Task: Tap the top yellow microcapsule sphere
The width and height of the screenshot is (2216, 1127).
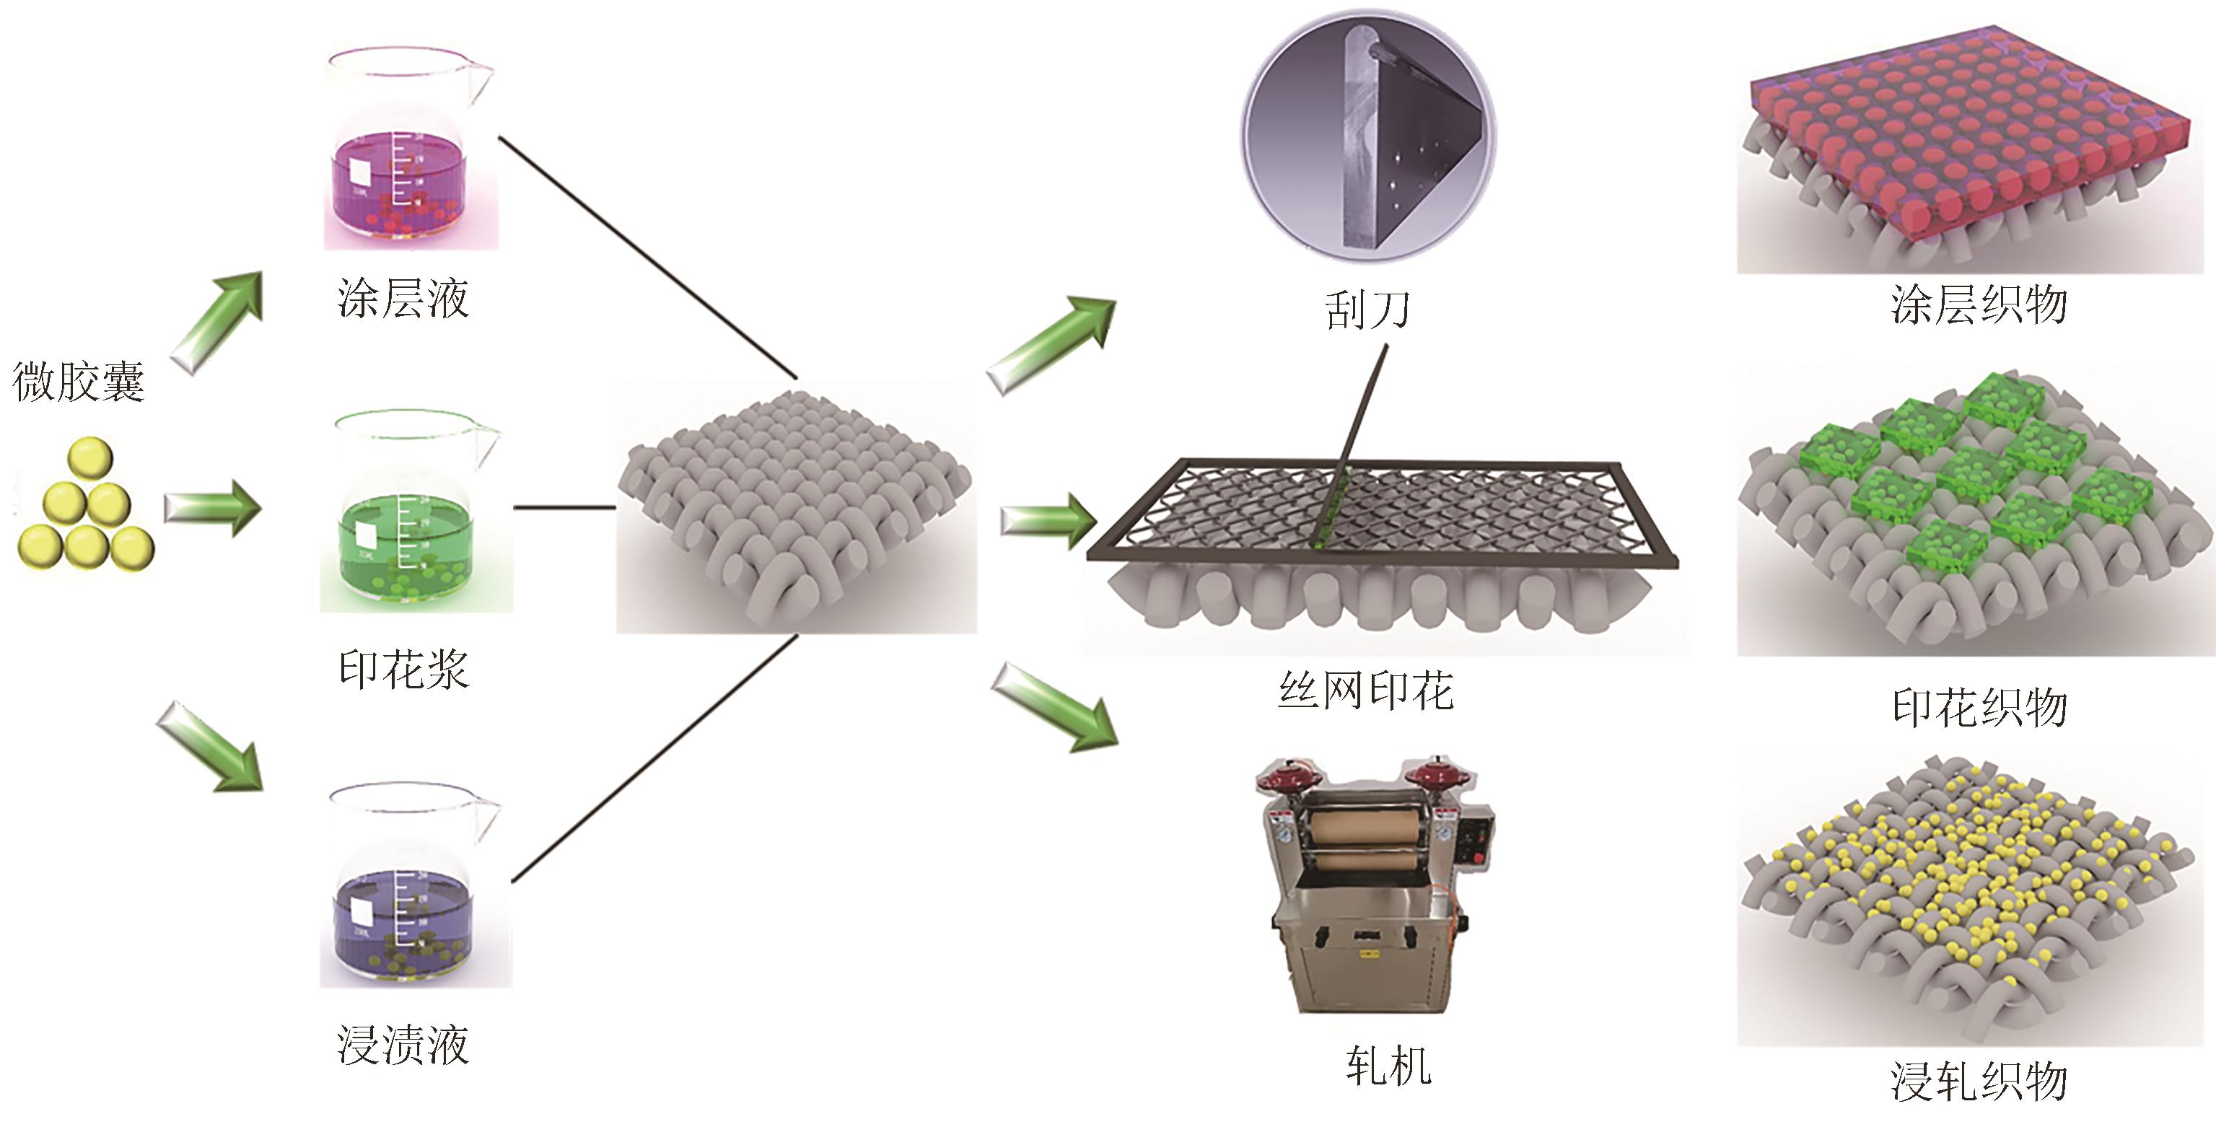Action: click(x=89, y=457)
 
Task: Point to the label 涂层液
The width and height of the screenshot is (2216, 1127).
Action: click(x=403, y=299)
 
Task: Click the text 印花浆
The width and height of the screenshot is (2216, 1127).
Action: click(x=403, y=670)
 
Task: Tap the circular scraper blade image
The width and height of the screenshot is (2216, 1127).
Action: click(x=1368, y=136)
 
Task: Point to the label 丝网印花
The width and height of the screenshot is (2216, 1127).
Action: click(x=1365, y=690)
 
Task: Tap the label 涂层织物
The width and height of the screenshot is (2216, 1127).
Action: click(x=1978, y=304)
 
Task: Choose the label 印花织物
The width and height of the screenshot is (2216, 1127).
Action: click(x=1978, y=707)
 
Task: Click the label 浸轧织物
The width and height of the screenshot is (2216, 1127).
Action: click(x=1978, y=1081)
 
